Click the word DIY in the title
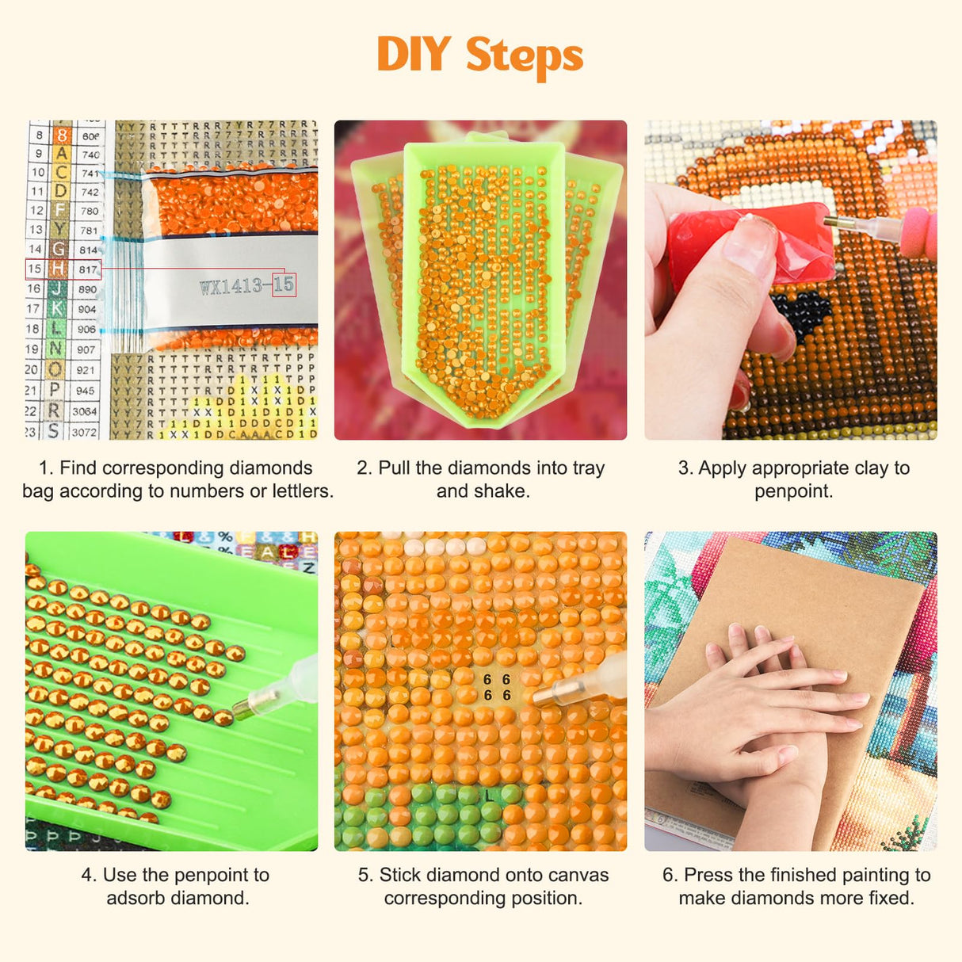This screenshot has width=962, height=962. (414, 55)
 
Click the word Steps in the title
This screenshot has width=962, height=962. (524, 56)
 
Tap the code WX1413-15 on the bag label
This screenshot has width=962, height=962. (246, 285)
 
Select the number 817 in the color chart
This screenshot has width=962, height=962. (88, 269)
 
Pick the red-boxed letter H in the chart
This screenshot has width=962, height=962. (58, 269)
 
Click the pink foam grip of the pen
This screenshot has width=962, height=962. (919, 233)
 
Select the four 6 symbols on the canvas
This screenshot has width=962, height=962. (497, 687)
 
